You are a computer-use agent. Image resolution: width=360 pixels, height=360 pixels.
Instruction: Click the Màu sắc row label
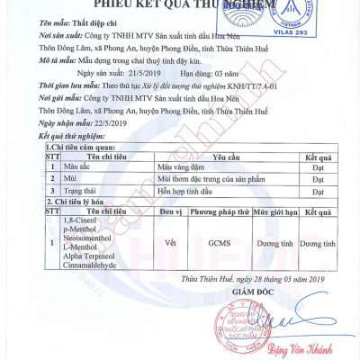pyautogui.click(x=77, y=166)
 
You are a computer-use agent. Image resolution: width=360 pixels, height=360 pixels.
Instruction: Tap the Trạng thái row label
pyautogui.click(x=80, y=192)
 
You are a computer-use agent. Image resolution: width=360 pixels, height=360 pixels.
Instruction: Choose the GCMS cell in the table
pyautogui.click(x=219, y=243)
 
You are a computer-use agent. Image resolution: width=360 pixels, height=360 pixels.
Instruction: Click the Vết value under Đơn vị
pyautogui.click(x=171, y=243)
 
